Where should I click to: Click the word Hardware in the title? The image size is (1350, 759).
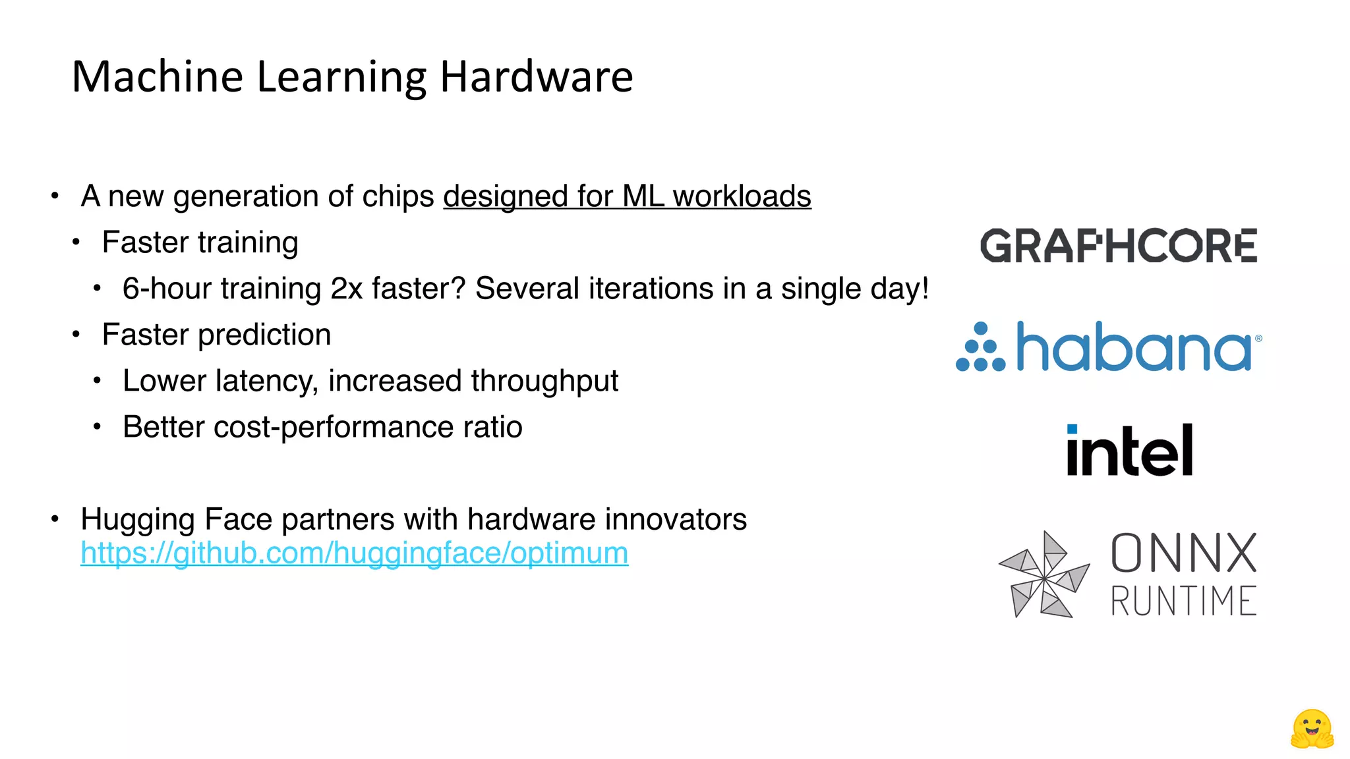pos(536,77)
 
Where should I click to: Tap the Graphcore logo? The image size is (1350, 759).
pos(1119,246)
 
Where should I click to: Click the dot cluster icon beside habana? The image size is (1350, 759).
pos(980,347)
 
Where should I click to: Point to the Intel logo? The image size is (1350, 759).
pos(1130,451)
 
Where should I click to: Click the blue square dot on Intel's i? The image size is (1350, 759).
pos(1072,429)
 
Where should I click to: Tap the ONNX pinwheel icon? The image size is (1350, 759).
pos(1044,575)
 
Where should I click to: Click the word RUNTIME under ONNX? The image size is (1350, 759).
pos(1184,601)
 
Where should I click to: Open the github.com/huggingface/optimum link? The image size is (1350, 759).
pos(354,553)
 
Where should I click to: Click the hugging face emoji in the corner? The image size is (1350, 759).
pos(1312,729)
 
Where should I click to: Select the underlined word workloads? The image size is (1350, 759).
pos(742,196)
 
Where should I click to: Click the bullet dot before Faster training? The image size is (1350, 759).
pos(76,242)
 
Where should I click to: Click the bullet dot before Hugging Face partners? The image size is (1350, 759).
pos(55,519)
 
